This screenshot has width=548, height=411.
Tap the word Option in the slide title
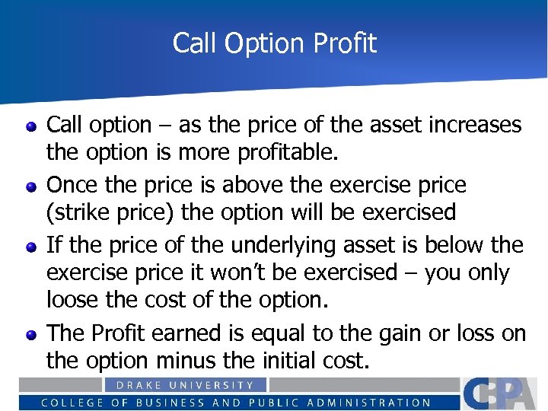click(x=254, y=43)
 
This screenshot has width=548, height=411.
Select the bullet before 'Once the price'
click(x=31, y=186)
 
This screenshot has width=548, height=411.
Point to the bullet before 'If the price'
click(x=31, y=246)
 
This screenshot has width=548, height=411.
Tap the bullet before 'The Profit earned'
click(x=31, y=334)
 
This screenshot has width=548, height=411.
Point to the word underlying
click(x=296, y=245)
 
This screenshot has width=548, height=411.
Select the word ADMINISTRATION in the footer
click(x=370, y=403)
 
